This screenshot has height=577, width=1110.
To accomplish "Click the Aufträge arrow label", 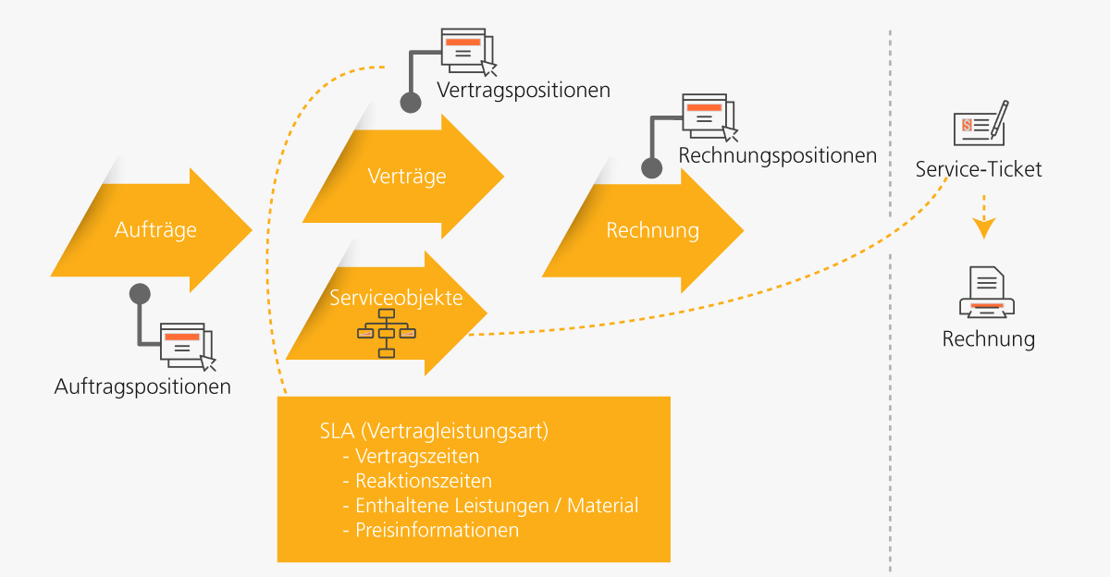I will point(155,229).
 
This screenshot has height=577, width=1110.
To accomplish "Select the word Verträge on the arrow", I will point(407,176).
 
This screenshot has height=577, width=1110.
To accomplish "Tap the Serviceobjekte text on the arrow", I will point(396,297).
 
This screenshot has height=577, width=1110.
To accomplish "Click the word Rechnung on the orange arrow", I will point(652,229).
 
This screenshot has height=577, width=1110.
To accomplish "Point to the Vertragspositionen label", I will point(524,91).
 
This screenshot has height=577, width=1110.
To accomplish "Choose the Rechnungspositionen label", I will point(777,155).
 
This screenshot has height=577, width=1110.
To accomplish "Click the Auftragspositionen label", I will point(142,386).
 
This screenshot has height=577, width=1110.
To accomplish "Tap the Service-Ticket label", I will point(979,169).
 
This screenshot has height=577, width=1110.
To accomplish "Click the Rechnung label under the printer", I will point(988,338).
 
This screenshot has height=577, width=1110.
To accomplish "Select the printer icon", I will point(987,293).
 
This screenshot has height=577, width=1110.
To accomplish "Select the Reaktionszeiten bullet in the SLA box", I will point(424,481).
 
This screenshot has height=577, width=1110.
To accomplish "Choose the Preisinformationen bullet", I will point(437,531).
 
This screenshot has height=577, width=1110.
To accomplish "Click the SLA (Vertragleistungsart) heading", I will point(434,431).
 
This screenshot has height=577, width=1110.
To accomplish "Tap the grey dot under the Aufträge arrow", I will point(140,294).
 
